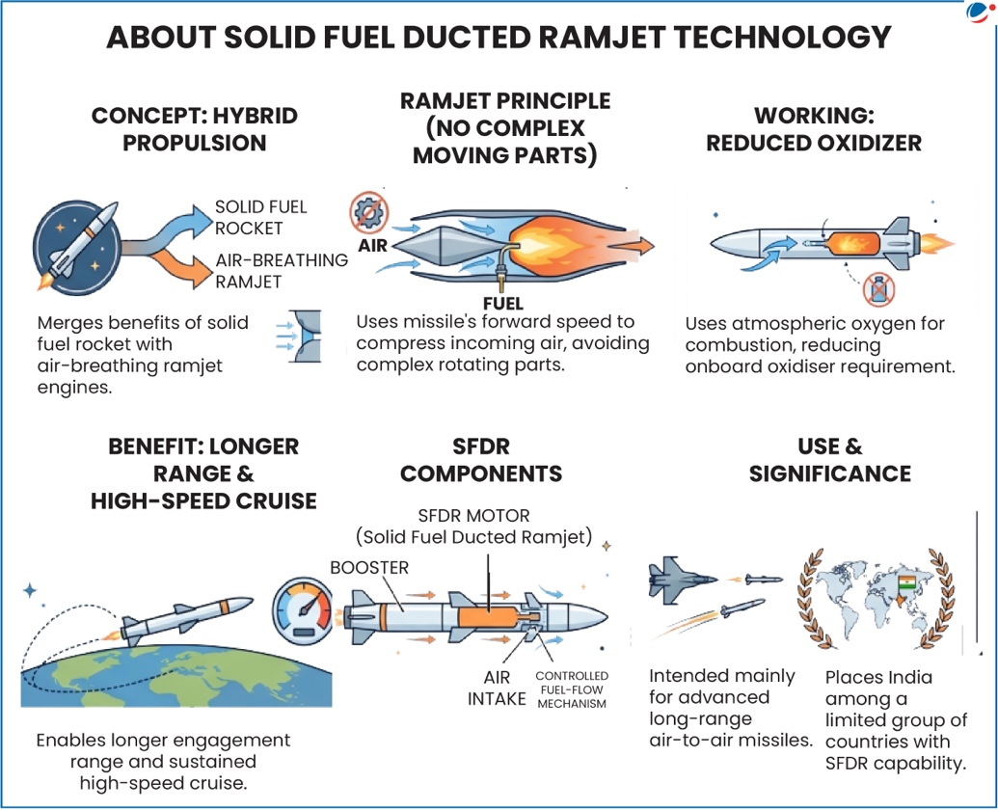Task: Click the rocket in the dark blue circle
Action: point(77,240)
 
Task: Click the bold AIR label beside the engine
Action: point(372,245)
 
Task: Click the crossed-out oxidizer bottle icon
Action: point(878,288)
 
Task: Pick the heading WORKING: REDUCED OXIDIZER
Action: point(814,129)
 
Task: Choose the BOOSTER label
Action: point(369,568)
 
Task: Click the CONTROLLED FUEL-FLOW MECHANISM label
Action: point(571,689)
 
